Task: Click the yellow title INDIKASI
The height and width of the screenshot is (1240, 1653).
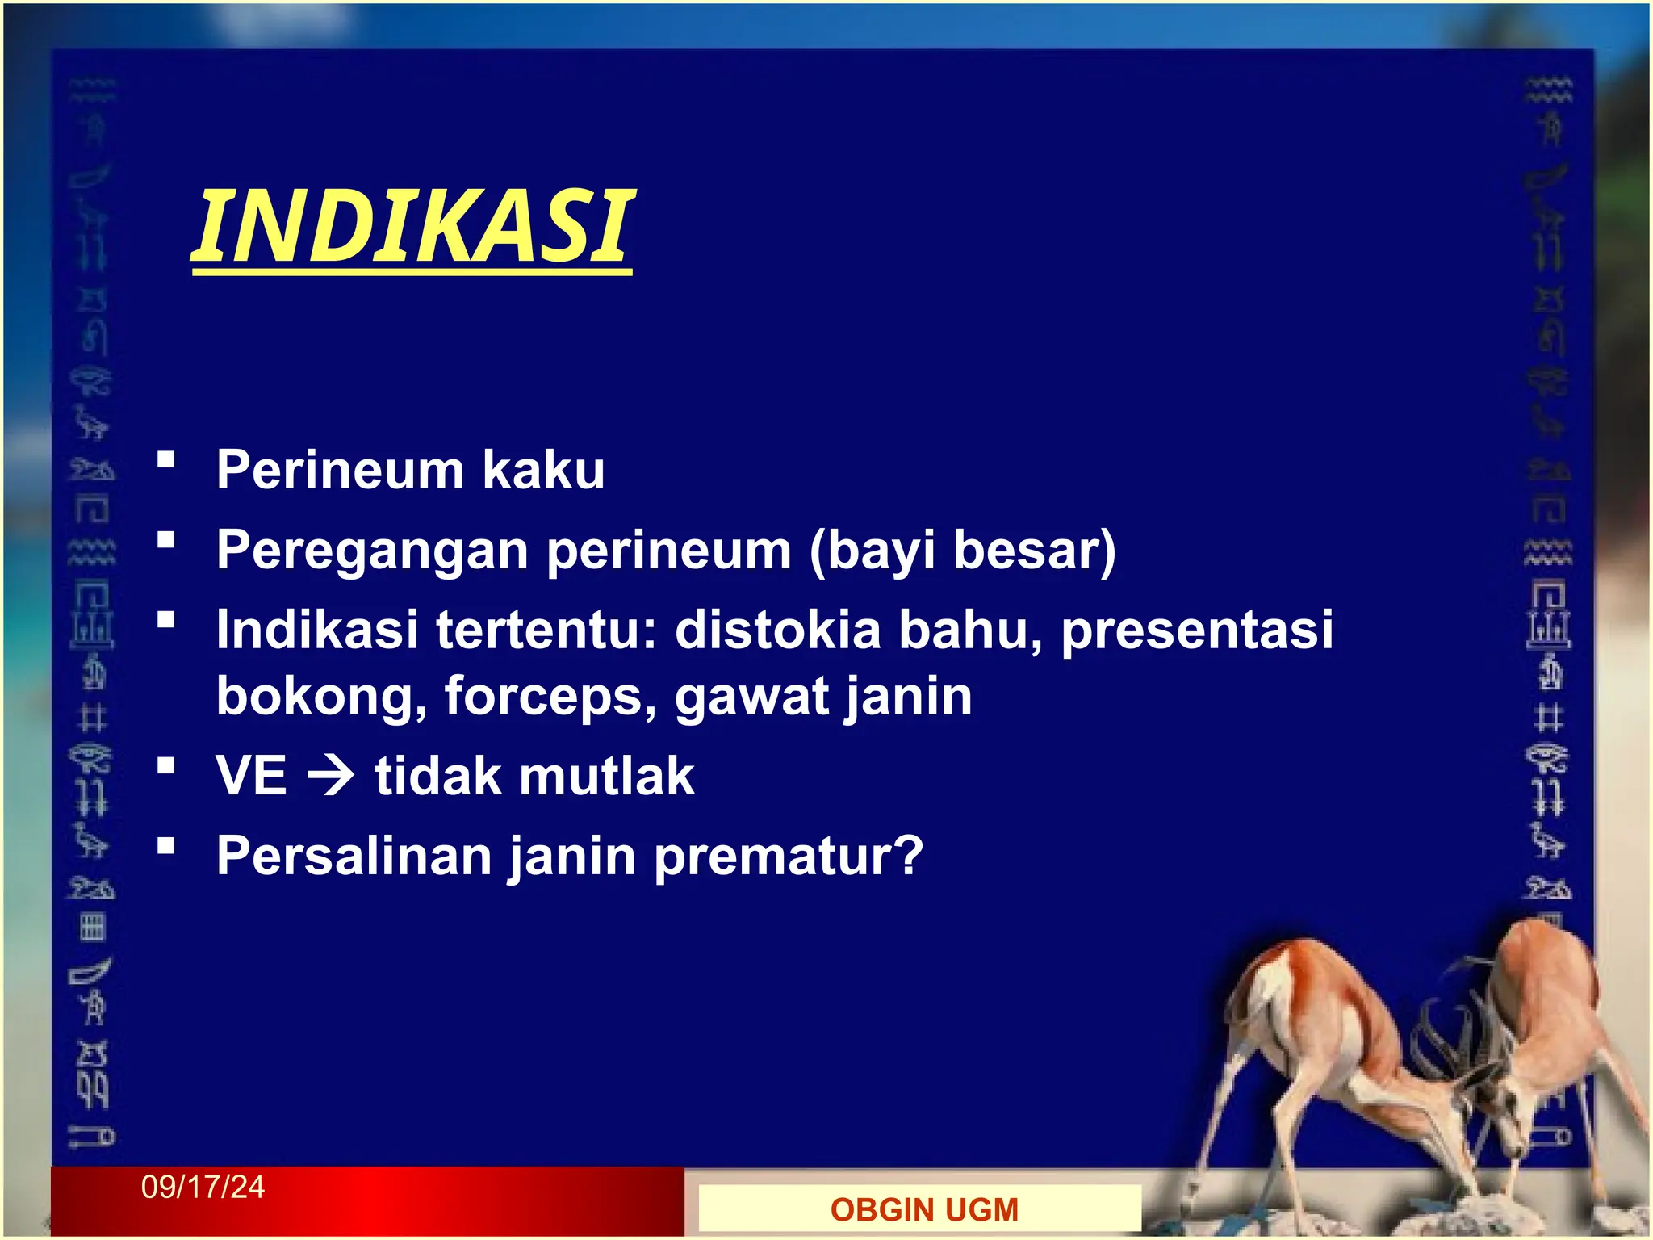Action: [413, 227]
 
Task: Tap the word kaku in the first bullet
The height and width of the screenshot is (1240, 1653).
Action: [543, 470]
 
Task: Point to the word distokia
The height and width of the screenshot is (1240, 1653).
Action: [777, 630]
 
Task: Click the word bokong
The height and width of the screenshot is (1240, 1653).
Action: [321, 697]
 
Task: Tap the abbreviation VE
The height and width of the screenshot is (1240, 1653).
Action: [252, 777]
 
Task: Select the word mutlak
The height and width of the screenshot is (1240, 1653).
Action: [606, 777]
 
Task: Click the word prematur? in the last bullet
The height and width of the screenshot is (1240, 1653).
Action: [789, 857]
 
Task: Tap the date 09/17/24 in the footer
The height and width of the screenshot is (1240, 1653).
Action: [203, 1188]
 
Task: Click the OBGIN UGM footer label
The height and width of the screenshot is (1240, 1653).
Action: [924, 1210]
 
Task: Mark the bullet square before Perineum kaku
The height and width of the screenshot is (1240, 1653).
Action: [166, 460]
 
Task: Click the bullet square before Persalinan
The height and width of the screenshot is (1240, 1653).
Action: [166, 846]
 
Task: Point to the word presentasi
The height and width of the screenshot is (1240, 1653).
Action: [1196, 630]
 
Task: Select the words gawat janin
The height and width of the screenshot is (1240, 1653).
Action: [823, 697]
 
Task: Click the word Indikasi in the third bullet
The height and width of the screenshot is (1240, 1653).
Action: [317, 630]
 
